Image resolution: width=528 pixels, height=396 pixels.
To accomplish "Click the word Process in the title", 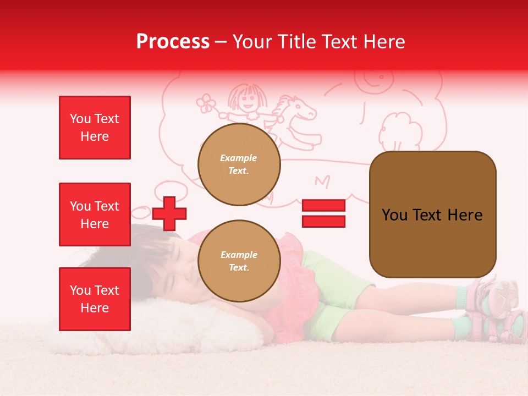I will click(173, 42).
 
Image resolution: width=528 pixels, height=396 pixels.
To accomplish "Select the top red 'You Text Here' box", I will click(95, 128).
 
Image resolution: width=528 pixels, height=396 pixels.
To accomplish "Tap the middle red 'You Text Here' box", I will click(95, 215).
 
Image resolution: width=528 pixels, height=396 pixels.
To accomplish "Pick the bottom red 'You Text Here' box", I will click(95, 299).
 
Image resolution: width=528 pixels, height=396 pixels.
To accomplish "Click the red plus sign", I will click(169, 213).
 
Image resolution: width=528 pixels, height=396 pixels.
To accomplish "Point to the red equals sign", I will click(323, 213).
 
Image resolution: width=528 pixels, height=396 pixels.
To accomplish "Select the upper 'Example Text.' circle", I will click(239, 164).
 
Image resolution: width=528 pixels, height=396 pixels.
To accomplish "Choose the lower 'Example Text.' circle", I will click(239, 261).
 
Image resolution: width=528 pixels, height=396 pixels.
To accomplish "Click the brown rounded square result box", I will click(432, 214).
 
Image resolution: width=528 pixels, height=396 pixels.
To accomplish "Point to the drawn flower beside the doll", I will click(206, 103).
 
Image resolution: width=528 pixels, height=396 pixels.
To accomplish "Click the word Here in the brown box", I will click(465, 215).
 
